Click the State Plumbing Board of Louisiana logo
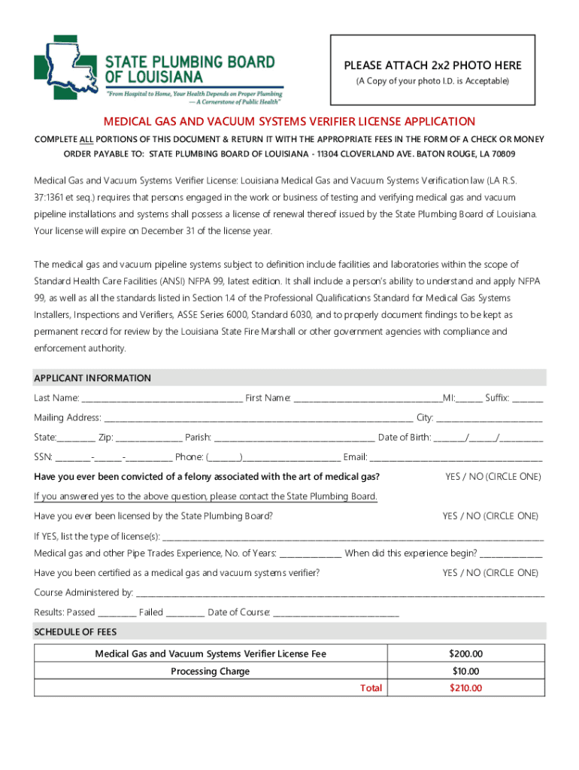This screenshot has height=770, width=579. click(158, 69)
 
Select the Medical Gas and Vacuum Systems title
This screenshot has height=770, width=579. click(289, 121)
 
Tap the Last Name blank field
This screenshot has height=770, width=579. click(162, 398)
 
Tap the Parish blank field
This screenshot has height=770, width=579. click(294, 437)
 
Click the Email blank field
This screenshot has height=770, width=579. click(456, 456)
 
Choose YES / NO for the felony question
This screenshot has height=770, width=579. click(493, 477)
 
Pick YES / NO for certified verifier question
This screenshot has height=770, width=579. click(490, 573)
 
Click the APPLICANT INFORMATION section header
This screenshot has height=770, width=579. click(92, 378)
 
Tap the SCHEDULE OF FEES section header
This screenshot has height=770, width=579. click(75, 632)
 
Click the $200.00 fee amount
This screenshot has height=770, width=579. click(465, 654)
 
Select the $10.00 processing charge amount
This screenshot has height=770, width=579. click(465, 671)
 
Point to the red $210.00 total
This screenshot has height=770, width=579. click(465, 688)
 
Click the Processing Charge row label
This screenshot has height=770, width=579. click(210, 671)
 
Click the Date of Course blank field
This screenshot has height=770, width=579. click(335, 612)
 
